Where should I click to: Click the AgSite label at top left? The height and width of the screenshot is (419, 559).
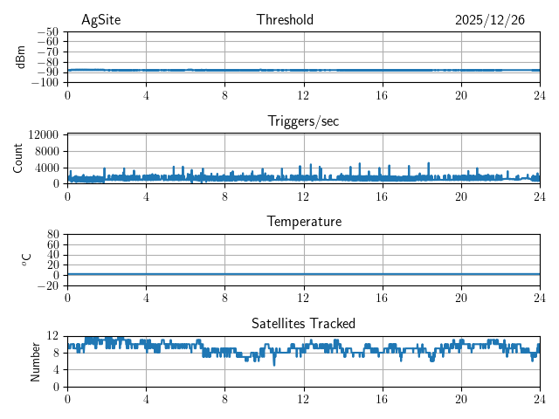click(x=100, y=20)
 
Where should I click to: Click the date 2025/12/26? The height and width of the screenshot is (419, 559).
click(x=490, y=20)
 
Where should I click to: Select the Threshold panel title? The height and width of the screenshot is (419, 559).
click(x=285, y=20)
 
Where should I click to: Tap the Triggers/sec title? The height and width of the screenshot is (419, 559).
click(x=303, y=121)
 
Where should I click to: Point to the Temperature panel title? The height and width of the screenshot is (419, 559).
click(x=303, y=222)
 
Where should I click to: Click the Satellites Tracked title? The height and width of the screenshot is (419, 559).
click(x=303, y=323)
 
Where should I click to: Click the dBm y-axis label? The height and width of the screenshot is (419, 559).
click(x=21, y=57)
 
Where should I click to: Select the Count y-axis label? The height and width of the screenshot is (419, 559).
click(x=17, y=158)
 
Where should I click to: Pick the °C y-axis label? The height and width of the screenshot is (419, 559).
click(x=26, y=259)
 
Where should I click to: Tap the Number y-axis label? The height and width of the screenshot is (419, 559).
click(x=35, y=361)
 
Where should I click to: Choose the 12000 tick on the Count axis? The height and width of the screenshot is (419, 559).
click(x=43, y=134)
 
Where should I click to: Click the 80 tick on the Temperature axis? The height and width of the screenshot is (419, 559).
click(x=53, y=235)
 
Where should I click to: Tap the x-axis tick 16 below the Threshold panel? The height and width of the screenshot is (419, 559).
click(x=383, y=95)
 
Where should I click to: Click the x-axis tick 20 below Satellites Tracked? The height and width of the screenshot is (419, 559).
click(x=461, y=399)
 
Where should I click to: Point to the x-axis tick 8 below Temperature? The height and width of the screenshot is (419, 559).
click(x=224, y=298)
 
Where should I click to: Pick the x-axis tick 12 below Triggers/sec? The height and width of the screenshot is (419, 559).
click(x=303, y=196)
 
